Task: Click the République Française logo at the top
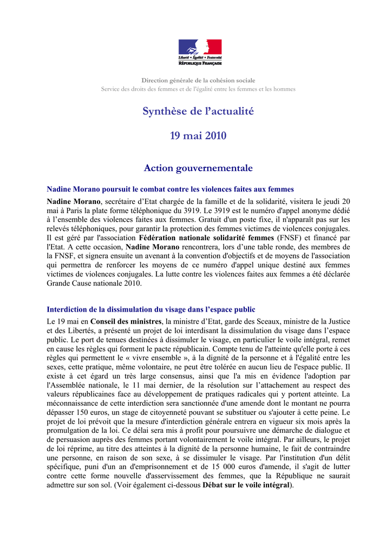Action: pyautogui.click(x=200, y=52)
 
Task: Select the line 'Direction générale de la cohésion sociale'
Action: pyautogui.click(x=198, y=81)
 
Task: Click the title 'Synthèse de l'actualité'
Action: pyautogui.click(x=198, y=111)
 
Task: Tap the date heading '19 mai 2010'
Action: pyautogui.click(x=198, y=135)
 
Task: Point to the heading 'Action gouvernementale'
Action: pyautogui.click(x=198, y=168)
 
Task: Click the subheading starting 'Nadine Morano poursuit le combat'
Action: pyautogui.click(x=171, y=189)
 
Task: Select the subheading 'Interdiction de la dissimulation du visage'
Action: pyautogui.click(x=151, y=310)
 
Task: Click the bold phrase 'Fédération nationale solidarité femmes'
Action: pyautogui.click(x=206, y=238)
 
